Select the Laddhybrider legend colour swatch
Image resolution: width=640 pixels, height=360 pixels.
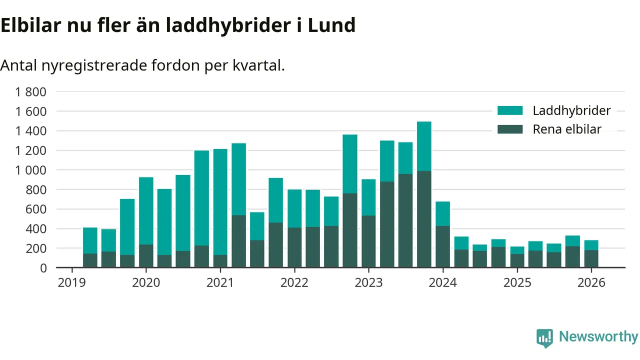(x=510, y=110)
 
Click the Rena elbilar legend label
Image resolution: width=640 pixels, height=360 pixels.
(x=567, y=129)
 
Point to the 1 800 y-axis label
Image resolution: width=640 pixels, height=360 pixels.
(x=31, y=91)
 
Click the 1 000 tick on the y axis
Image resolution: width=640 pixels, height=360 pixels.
(x=31, y=170)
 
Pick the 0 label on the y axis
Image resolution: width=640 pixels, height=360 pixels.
(x=43, y=268)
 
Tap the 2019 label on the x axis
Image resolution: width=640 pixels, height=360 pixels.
(x=71, y=282)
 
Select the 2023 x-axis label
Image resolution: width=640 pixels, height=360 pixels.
(x=368, y=282)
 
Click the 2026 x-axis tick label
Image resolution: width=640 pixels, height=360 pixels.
(x=591, y=282)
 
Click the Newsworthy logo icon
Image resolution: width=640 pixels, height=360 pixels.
(x=545, y=338)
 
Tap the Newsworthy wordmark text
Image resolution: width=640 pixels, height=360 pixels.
(x=598, y=336)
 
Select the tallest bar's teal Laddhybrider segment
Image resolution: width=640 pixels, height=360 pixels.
(x=424, y=146)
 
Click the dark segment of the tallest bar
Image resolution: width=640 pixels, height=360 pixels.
(x=424, y=219)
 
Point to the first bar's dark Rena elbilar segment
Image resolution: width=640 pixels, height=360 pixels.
(x=90, y=260)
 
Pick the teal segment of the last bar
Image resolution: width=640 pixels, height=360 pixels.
(x=591, y=245)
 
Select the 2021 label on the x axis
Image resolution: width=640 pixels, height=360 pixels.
(x=220, y=282)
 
